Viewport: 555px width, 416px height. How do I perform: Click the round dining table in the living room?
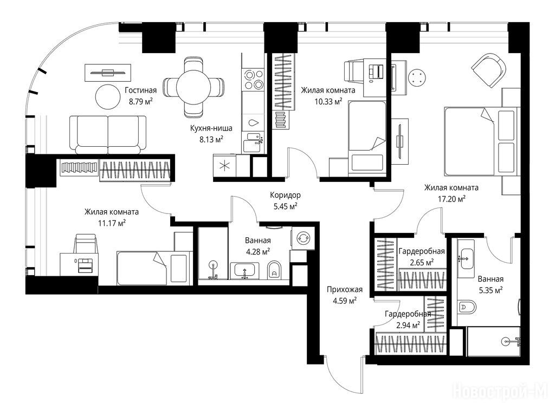pyautogui.click(x=193, y=87)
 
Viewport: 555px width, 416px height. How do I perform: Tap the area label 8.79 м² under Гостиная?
pyautogui.click(x=140, y=102)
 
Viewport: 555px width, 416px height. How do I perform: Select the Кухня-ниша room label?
pyautogui.click(x=211, y=128)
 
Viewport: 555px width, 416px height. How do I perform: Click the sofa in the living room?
pyautogui.click(x=108, y=135)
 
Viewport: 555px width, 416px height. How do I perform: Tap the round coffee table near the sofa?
pyautogui.click(x=108, y=96)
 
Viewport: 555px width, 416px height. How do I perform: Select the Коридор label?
pyautogui.click(x=285, y=195)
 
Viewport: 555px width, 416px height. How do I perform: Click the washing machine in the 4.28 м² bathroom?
pyautogui.click(x=303, y=238)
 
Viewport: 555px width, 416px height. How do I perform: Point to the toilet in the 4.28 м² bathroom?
pyautogui.click(x=274, y=270)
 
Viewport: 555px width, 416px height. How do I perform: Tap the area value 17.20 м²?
pyautogui.click(x=451, y=199)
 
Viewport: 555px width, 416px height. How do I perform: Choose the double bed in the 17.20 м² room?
pyautogui.click(x=481, y=141)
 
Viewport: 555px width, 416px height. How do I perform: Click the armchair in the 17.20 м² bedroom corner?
pyautogui.click(x=488, y=70)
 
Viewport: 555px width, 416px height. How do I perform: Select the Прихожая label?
pyautogui.click(x=344, y=290)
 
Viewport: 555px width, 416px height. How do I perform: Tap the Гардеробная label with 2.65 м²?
pyautogui.click(x=422, y=251)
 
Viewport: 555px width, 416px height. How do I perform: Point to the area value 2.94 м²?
pyautogui.click(x=408, y=325)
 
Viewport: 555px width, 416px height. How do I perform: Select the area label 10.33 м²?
pyautogui.click(x=328, y=102)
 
